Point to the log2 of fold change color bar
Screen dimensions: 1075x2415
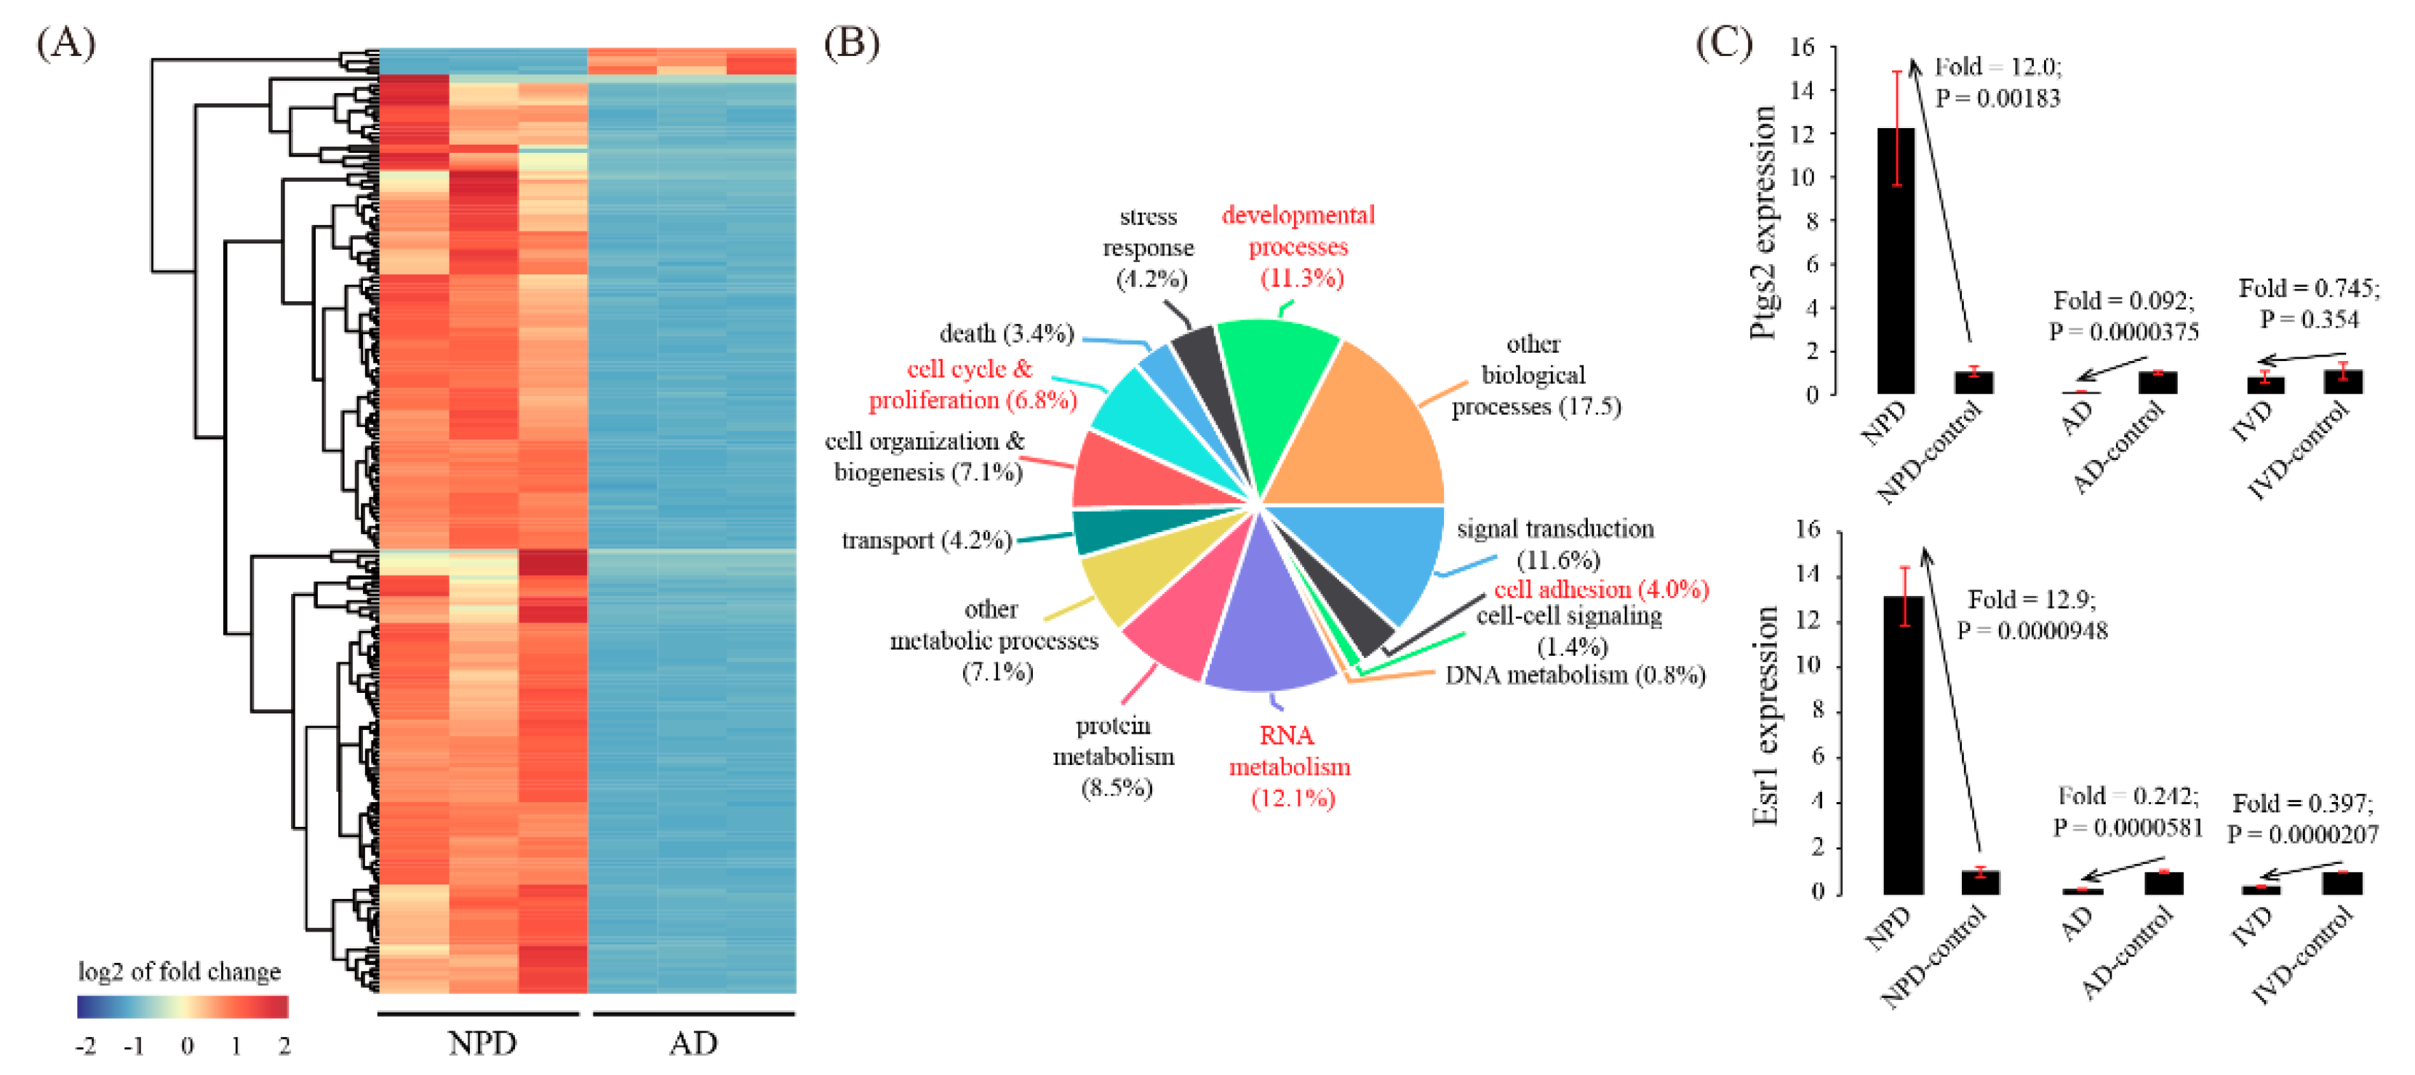pos(183,1007)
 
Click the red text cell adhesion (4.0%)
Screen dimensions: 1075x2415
pos(1601,589)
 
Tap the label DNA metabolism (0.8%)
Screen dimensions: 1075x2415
pos(1575,675)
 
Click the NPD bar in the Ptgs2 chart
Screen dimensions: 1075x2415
pos(1896,263)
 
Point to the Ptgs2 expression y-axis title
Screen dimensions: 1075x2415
pos(1763,221)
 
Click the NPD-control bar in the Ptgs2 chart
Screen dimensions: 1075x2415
pos(1973,383)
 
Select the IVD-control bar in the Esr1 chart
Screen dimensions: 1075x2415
pos(2342,883)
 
